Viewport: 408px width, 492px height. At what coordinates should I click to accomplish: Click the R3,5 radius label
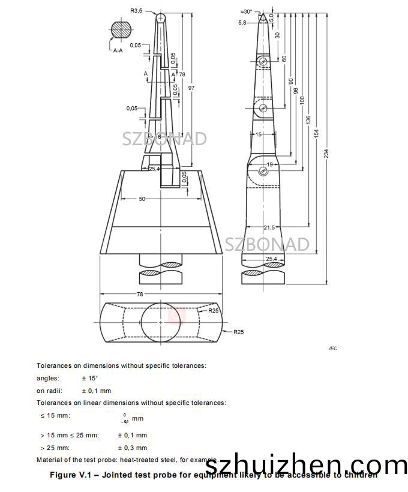(137, 10)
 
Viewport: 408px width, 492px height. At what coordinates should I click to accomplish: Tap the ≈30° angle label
(247, 11)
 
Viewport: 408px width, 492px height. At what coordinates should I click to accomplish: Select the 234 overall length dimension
(326, 154)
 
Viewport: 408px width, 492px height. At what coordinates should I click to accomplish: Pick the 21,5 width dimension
(269, 227)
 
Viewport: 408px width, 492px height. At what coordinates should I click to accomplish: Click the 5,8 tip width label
(242, 23)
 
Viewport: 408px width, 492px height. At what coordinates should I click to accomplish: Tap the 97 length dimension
(191, 88)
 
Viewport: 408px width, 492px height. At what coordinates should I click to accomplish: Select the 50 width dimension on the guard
(142, 199)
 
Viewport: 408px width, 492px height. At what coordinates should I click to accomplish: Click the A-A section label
(119, 51)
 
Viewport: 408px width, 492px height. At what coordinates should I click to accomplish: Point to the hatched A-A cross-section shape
(121, 29)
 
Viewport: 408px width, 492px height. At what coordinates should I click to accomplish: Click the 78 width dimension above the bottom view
(157, 294)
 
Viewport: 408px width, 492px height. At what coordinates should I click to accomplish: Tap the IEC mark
(333, 349)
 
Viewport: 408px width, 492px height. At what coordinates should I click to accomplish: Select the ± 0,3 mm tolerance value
(132, 448)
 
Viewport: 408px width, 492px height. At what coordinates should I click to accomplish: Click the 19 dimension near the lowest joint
(269, 164)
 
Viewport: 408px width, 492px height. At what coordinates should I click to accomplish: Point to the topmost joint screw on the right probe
(263, 62)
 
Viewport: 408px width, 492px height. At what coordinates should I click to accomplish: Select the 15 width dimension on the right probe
(259, 135)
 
